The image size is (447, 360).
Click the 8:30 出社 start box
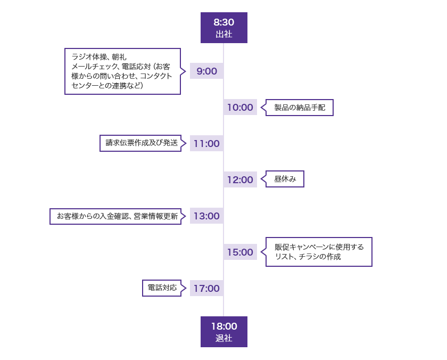coord(223,27)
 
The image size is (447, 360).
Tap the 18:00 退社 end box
coord(223,331)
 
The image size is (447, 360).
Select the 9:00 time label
coord(206,71)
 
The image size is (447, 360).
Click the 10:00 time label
coord(240,107)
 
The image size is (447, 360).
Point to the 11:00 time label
coord(206,143)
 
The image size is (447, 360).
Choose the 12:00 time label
coord(240,179)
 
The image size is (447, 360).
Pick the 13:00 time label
coord(206,216)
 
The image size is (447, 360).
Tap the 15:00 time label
coord(240,252)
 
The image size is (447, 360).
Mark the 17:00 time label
coord(206,288)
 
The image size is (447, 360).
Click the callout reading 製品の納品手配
coord(300,108)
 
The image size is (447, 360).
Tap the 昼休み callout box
coord(285,179)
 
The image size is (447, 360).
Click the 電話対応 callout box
coord(162,288)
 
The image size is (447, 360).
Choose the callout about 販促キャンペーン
coord(319,252)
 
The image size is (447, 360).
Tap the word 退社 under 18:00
coord(223,338)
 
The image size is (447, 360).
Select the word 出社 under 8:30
coord(223,34)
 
